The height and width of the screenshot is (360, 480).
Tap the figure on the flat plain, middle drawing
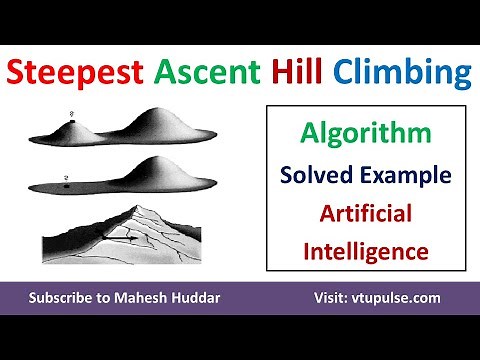coord(64,180)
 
